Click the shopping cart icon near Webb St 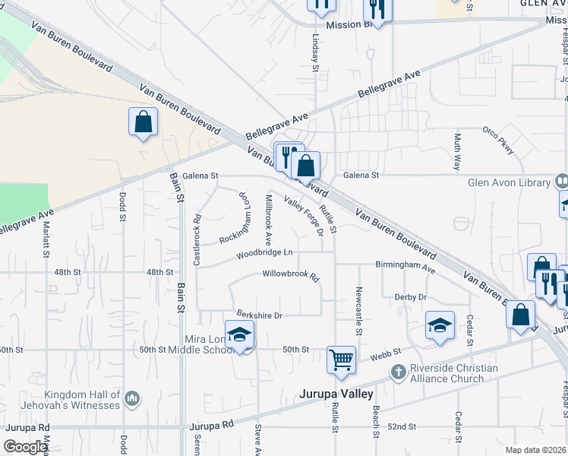(x=341, y=359)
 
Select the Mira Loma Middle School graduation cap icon (x=239, y=334)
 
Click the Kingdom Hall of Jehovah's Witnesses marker (x=132, y=397)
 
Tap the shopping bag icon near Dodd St (x=143, y=122)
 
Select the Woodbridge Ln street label (x=263, y=252)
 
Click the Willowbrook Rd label (x=290, y=274)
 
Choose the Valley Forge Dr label (x=304, y=215)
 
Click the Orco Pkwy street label (x=498, y=141)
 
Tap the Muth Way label (x=457, y=151)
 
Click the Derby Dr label (x=410, y=297)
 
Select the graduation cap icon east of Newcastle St (x=440, y=325)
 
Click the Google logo (x=25, y=448)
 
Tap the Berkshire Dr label (x=259, y=315)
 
